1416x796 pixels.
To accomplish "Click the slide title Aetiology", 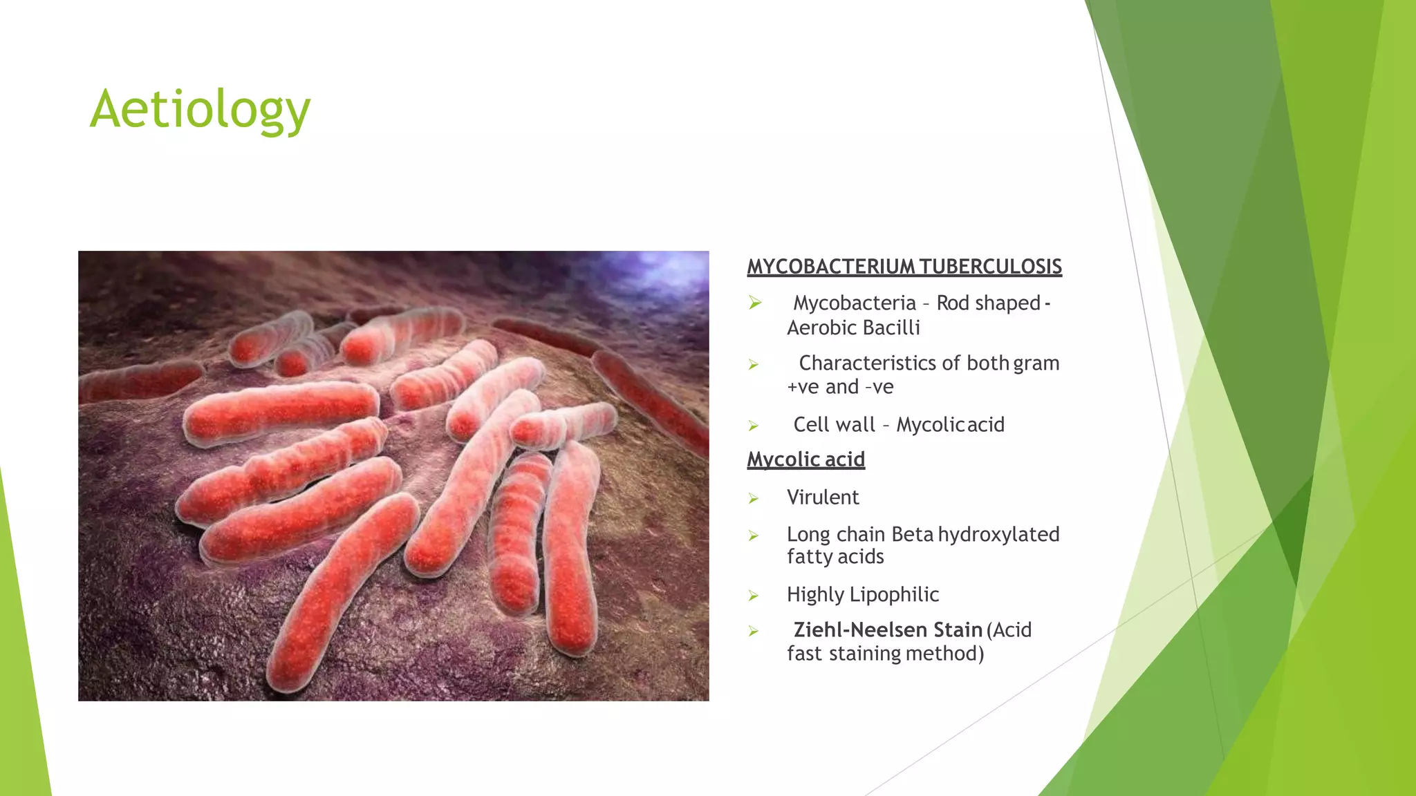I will point(200,109).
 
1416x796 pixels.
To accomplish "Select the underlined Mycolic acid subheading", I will point(805,459).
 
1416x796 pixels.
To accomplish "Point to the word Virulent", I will point(823,497).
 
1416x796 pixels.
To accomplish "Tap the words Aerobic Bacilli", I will point(853,328).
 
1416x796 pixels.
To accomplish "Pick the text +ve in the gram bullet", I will point(803,387).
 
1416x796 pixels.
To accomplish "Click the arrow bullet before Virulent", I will point(754,499).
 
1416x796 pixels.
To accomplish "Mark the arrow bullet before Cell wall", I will point(754,426).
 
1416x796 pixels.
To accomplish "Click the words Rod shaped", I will point(988,303).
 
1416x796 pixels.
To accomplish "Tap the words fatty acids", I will point(835,557).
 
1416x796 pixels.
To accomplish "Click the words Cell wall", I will point(834,425).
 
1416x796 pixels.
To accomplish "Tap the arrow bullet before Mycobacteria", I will point(755,303).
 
